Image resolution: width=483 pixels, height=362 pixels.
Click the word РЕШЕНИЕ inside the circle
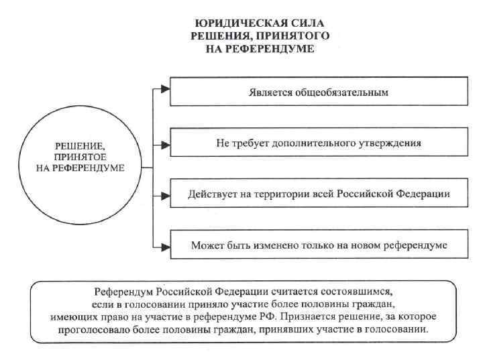click(80, 145)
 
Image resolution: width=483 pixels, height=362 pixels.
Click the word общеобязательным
click(349, 92)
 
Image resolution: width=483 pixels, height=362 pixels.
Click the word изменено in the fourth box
click(276, 245)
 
